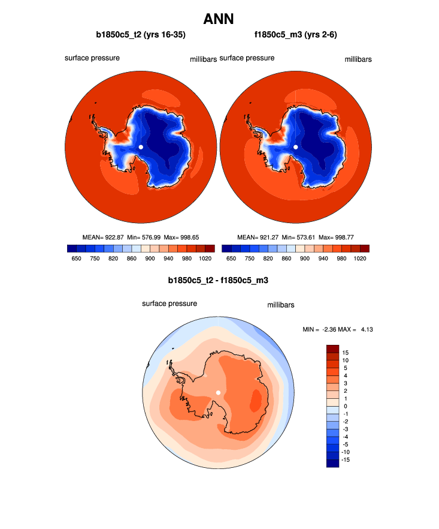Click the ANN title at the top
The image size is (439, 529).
click(x=219, y=19)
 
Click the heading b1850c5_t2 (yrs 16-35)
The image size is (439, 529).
click(x=139, y=35)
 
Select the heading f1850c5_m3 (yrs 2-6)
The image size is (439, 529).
click(x=295, y=35)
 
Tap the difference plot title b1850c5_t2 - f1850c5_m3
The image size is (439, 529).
click(x=218, y=279)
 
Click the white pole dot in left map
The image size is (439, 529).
click(x=141, y=147)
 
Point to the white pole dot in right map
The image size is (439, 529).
click(x=295, y=147)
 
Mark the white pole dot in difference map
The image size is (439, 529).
click(x=219, y=392)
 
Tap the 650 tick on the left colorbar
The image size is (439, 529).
click(x=76, y=258)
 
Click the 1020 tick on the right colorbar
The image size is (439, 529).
click(x=360, y=258)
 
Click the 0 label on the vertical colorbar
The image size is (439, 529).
click(x=345, y=405)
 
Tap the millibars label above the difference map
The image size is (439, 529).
click(x=280, y=305)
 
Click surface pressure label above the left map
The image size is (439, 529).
click(x=92, y=58)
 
